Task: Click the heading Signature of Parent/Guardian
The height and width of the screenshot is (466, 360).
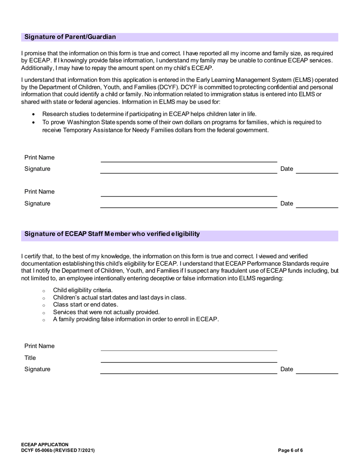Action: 70,37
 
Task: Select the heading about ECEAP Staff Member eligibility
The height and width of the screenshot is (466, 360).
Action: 112,234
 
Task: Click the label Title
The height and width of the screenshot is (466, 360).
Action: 30,358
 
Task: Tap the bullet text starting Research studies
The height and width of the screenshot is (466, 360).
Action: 149,114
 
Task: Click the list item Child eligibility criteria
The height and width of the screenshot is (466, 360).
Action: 83,290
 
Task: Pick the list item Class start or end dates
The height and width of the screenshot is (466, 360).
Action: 86,305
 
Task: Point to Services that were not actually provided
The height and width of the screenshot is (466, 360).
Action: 106,312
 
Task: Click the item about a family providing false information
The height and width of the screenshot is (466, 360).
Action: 136,319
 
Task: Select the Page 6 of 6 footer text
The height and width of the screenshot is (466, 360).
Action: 290,450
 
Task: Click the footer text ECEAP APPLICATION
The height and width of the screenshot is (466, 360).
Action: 45,444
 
